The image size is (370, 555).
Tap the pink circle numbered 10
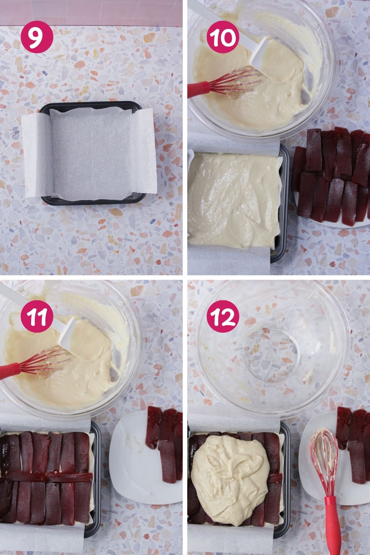click(x=224, y=38)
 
